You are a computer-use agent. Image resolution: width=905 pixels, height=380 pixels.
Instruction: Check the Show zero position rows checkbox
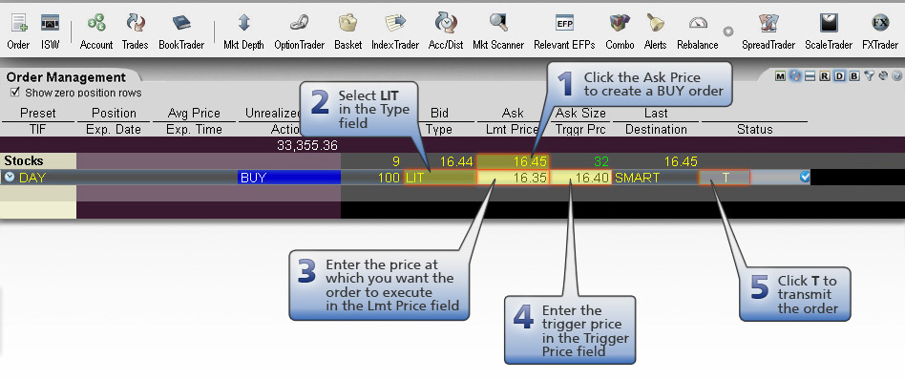(x=14, y=93)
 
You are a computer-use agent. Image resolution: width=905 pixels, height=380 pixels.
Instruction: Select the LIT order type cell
(x=438, y=177)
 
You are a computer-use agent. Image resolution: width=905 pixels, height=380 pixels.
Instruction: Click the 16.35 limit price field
(x=513, y=177)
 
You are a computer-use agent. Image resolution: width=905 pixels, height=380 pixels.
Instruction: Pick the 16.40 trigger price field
(x=580, y=177)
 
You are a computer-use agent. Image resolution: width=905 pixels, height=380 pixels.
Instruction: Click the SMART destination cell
(x=655, y=177)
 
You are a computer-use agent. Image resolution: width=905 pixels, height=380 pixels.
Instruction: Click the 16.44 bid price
(x=455, y=161)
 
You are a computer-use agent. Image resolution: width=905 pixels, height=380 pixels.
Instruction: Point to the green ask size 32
(x=600, y=161)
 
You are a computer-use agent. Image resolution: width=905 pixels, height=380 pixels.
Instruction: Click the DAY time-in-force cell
(x=38, y=177)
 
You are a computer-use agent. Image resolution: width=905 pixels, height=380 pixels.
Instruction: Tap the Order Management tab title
(x=66, y=77)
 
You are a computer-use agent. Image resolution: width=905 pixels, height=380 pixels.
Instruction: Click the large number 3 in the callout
(x=305, y=272)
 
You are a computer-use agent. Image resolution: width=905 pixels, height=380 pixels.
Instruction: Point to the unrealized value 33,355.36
(x=306, y=145)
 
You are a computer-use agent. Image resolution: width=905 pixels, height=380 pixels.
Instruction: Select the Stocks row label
(x=24, y=161)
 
